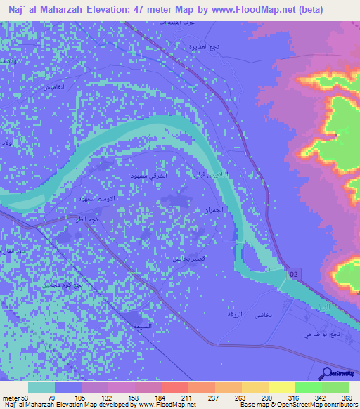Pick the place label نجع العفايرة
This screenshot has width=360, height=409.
pyautogui.click(x=190, y=47)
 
